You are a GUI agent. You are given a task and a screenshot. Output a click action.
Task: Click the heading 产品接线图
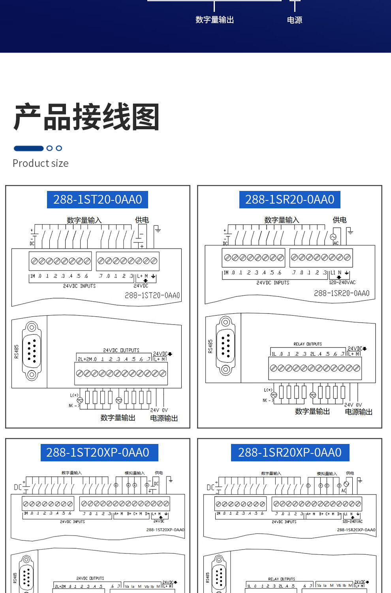(x=86, y=117)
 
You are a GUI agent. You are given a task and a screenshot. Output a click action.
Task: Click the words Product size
(x=41, y=163)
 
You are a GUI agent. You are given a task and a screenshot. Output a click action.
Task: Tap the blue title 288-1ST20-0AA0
(x=98, y=200)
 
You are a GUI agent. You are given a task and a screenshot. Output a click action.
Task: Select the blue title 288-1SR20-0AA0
(x=289, y=200)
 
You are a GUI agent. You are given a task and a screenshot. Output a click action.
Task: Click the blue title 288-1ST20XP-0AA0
(x=98, y=452)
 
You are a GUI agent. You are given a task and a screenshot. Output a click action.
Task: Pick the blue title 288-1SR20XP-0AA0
(x=289, y=452)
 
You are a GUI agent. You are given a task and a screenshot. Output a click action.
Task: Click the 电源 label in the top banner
(x=295, y=20)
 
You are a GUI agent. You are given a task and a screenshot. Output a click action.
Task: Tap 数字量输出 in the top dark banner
(x=214, y=20)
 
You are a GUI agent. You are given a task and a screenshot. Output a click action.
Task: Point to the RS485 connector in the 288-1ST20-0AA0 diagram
(x=32, y=351)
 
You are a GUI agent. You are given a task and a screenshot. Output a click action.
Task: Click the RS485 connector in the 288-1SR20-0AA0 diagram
(x=226, y=346)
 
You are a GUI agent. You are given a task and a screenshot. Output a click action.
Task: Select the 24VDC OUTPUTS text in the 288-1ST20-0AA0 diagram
(x=121, y=350)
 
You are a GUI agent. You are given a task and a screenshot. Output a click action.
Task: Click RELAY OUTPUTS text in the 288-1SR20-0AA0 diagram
(x=308, y=344)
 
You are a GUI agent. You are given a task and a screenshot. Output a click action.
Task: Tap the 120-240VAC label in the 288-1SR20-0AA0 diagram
(x=342, y=283)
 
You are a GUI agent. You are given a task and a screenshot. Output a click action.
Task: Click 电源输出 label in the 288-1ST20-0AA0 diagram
(x=164, y=418)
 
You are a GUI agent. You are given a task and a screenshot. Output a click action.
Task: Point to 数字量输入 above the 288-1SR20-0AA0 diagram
(x=282, y=220)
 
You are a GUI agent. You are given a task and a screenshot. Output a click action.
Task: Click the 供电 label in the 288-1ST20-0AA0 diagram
(x=142, y=220)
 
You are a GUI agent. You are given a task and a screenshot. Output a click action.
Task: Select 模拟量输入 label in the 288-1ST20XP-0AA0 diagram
(x=135, y=473)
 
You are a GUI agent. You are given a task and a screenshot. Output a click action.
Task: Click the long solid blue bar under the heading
(x=28, y=148)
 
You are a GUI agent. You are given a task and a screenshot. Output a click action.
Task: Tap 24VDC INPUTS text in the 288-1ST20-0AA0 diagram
(x=79, y=286)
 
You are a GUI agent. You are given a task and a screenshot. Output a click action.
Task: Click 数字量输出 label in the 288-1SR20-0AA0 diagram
(x=312, y=412)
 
